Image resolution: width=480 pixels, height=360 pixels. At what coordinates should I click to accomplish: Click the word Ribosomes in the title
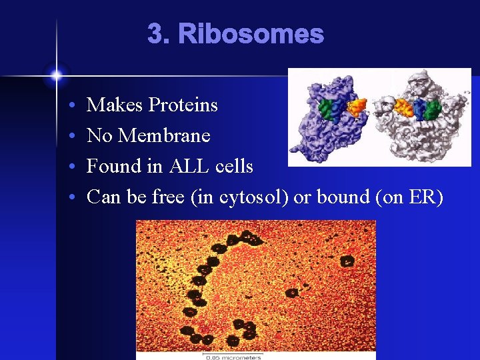251,34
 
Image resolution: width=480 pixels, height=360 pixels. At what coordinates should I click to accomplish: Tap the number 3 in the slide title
155,34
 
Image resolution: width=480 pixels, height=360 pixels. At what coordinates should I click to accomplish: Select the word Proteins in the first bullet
183,105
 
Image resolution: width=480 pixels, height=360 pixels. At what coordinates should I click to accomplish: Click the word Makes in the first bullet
115,105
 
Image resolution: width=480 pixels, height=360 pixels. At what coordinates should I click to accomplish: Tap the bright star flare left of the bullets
57,75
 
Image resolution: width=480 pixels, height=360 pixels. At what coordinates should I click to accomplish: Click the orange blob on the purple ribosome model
358,106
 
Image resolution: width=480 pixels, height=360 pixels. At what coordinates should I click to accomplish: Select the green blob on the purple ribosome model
325,109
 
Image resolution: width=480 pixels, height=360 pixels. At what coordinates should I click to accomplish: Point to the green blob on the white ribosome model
433,109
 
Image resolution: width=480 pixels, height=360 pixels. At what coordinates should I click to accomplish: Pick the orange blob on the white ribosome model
402,106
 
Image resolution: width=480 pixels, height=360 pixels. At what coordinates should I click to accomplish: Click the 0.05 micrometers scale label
233,357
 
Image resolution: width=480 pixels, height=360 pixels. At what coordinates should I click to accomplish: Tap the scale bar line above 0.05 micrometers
233,352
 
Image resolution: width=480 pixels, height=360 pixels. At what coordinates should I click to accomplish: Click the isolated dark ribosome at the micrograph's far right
347,261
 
